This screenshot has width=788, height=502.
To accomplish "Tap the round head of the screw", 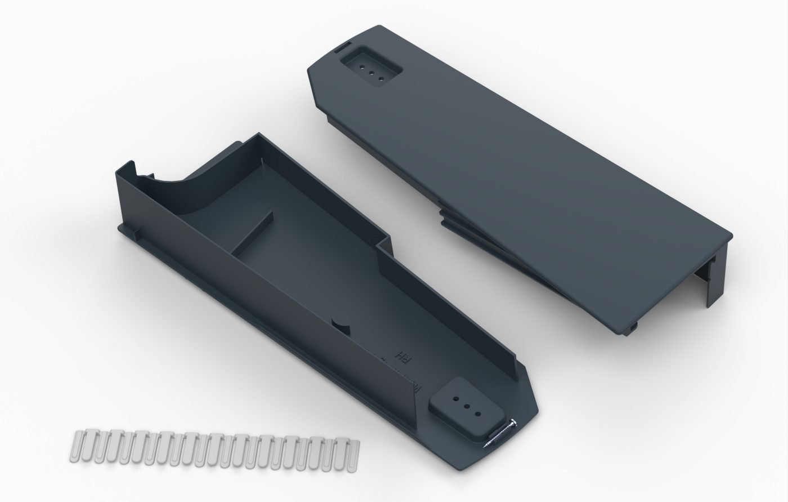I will (x=513, y=424).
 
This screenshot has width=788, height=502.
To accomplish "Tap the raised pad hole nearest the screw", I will (x=478, y=414).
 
